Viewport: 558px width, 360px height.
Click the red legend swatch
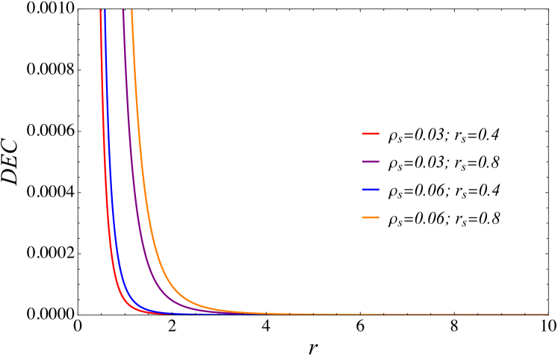tap(371, 134)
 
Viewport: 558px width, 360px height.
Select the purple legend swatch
tap(371, 161)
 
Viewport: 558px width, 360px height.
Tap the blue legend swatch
tap(371, 190)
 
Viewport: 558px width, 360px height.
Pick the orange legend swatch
tap(371, 217)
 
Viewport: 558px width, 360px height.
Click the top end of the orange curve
tap(131, 10)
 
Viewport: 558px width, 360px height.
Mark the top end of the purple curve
tap(123, 10)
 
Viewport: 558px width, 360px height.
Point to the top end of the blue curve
tap(105, 10)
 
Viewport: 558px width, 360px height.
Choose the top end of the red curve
tap(101, 10)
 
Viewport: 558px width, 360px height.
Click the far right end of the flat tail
tap(548, 314)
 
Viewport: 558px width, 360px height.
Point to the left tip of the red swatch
tap(362, 134)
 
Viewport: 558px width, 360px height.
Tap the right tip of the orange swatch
tap(379, 217)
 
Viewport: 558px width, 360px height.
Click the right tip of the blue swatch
tap(379, 190)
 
